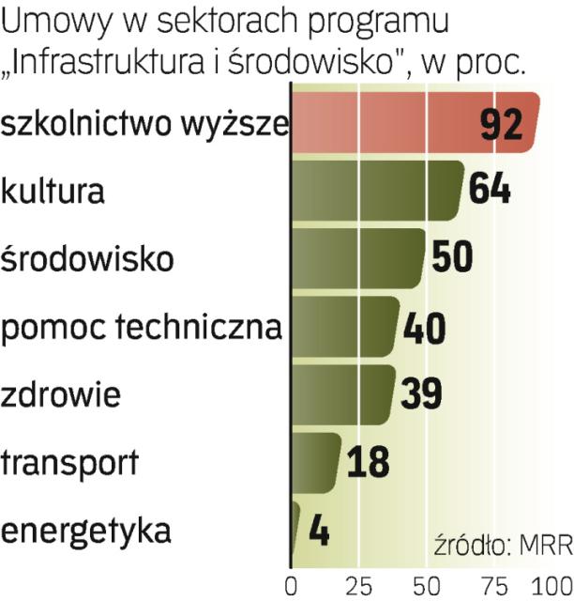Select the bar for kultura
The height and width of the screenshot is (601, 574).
coord(375,190)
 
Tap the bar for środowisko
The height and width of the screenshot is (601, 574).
coord(356,257)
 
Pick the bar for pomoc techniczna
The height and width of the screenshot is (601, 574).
coord(342,327)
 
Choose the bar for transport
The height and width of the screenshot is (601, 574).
coord(315,461)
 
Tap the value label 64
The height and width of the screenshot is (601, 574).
coord(490,191)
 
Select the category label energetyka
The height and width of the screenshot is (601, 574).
coord(86,531)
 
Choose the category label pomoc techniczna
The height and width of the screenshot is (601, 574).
coord(141,327)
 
